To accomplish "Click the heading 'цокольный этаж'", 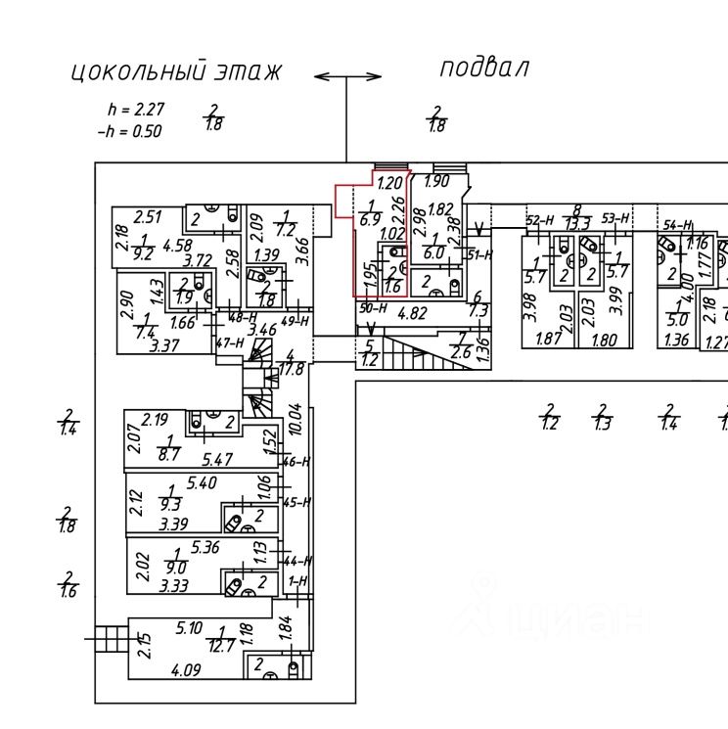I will coord(176,71).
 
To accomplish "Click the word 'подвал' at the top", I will coord(483,68).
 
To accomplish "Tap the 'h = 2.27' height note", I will coord(136,110).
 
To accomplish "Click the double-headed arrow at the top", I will coord(347,76).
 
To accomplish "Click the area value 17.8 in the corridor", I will coord(291,369).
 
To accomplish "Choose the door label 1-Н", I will coord(299,581).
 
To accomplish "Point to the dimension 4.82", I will coord(415,314).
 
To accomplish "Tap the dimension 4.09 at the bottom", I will coord(188,671).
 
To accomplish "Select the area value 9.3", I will coord(170,504).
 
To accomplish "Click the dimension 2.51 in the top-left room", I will coord(147,216).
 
